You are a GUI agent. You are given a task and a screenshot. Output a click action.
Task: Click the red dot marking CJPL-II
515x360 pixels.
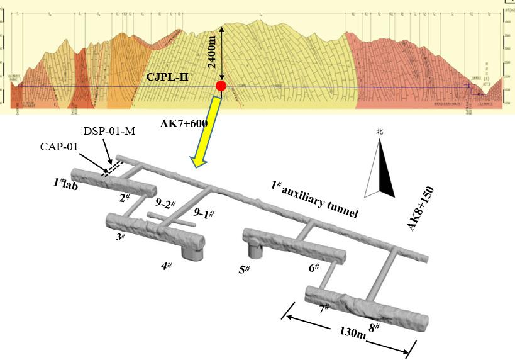point(220,86)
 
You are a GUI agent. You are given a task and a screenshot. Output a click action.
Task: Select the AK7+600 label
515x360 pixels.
point(183,124)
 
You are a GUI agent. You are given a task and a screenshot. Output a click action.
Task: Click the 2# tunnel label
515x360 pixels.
point(123,198)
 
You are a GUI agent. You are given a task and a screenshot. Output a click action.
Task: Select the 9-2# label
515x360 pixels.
point(164,205)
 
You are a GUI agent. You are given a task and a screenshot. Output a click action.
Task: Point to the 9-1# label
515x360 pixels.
point(203,215)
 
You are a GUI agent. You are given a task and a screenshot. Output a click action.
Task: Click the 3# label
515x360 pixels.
point(119,235)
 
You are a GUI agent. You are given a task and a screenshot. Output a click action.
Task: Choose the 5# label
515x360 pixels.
point(244,269)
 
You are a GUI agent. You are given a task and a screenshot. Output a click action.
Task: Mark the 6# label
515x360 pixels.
point(314,268)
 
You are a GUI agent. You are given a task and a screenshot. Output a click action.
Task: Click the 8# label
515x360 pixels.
point(374,327)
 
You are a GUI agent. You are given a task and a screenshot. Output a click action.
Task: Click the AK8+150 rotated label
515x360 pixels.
point(422,208)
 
